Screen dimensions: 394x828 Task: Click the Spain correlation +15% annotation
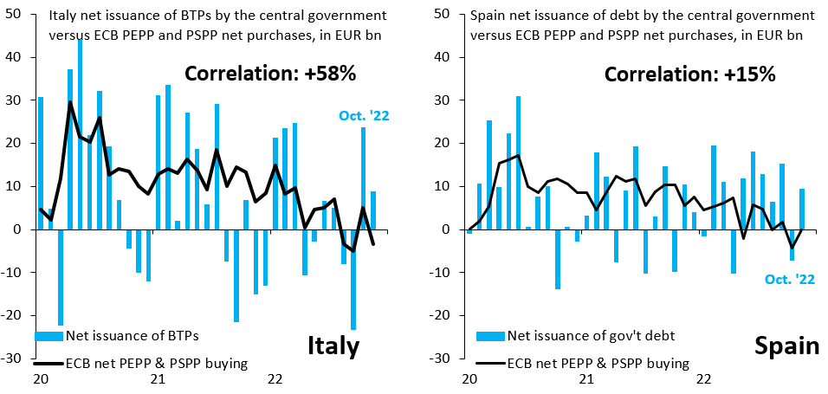pos(689,74)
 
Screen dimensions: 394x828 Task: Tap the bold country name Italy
pos(333,346)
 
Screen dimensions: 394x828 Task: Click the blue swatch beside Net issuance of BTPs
pos(49,335)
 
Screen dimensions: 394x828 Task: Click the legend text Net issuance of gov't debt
pos(591,335)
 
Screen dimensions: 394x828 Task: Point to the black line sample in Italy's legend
pos(49,364)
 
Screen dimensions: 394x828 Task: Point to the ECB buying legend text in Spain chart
pos(598,364)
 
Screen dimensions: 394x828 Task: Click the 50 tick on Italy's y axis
pos(15,14)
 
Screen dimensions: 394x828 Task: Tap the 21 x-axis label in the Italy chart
pos(158,378)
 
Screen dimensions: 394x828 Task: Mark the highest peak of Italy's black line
pos(70,102)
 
